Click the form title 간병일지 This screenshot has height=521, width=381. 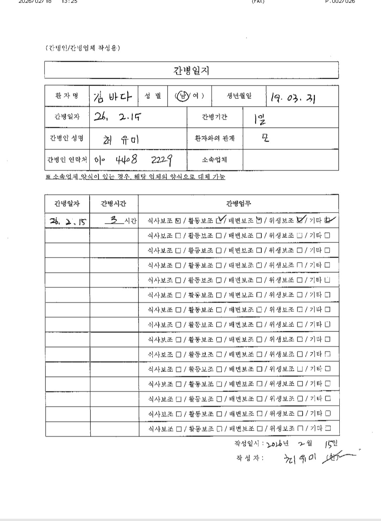tap(192, 71)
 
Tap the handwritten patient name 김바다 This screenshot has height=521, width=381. tap(113, 96)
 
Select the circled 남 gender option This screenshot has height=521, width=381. tap(182, 96)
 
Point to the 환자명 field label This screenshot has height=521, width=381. tap(67, 96)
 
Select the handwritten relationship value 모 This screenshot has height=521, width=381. tap(265, 138)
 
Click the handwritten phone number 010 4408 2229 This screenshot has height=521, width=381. tap(134, 160)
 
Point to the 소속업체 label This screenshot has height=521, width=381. tap(214, 160)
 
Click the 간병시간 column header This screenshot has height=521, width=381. tap(114, 203)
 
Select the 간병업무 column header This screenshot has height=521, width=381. tap(238, 203)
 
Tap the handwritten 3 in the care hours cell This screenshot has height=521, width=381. tap(114, 220)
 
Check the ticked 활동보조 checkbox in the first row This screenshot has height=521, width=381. tap(220, 221)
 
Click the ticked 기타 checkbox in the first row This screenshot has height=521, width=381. tap(328, 221)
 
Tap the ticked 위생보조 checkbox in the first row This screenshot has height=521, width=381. tap(300, 221)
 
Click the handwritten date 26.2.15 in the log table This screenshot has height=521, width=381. tap(68, 221)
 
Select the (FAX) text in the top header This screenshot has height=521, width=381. tap(258, 1)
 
